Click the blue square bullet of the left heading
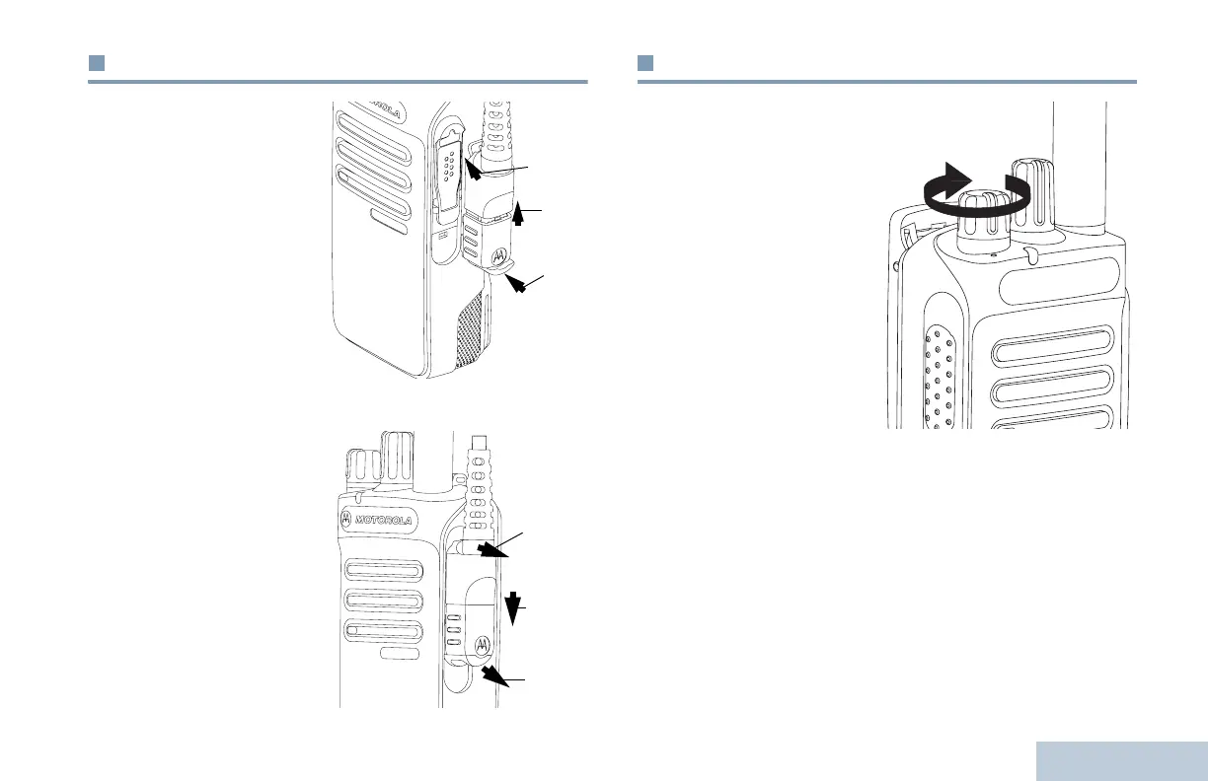coord(97,64)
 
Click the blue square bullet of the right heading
coord(645,64)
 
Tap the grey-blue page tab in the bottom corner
coord(1122,760)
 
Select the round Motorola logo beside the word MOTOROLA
coord(347,519)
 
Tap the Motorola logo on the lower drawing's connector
coord(483,643)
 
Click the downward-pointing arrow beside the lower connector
coord(511,608)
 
